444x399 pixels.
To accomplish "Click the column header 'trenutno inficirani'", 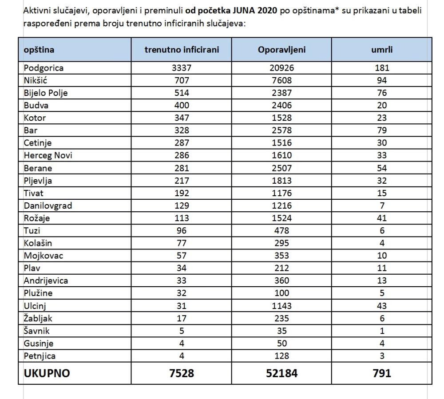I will point(182,50).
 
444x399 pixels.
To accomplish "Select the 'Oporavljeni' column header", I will point(281,50).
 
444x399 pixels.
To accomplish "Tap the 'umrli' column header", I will point(381,50).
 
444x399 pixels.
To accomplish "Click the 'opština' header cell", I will point(39,50).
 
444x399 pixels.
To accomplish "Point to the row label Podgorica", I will point(44,68).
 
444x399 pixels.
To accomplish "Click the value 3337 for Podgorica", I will point(182,68).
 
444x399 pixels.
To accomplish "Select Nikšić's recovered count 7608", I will point(281,80).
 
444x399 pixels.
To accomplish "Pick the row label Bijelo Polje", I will point(46,93).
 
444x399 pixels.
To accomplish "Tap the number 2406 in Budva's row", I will point(281,105).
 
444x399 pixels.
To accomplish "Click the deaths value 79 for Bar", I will point(381,130).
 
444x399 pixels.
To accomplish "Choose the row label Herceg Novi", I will point(48,155).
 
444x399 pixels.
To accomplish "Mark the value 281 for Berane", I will point(182,168).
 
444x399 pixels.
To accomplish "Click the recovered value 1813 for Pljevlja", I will point(281,181).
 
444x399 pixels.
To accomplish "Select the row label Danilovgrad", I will point(48,205).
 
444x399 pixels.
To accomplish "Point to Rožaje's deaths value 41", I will point(381,218).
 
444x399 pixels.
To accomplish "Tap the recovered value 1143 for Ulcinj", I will point(281,306).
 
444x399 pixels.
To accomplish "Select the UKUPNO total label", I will point(47,373).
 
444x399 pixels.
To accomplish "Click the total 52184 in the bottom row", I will point(281,373).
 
